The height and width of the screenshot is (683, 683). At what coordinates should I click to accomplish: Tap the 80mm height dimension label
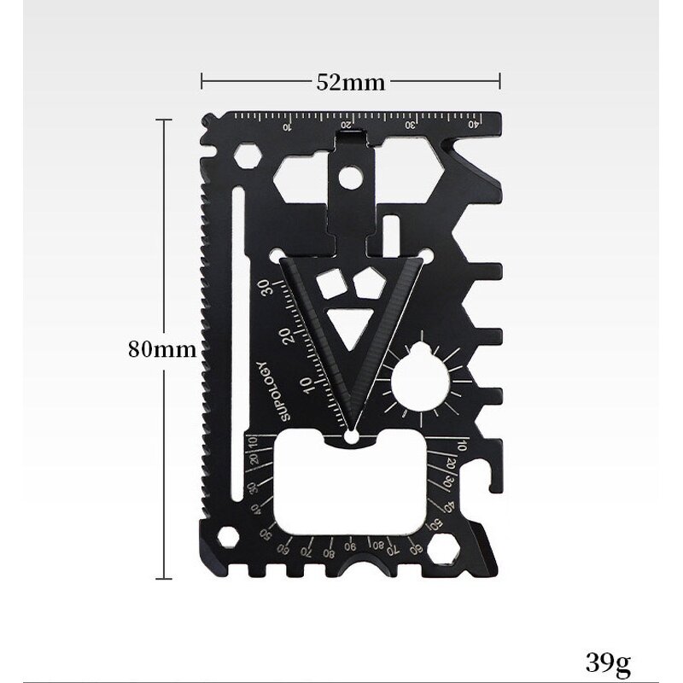point(162,348)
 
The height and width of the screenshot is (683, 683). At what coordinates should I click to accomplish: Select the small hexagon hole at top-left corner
point(247,157)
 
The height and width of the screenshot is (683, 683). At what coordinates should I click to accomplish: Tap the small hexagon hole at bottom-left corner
point(228,537)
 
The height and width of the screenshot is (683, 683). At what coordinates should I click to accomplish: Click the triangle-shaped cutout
point(350,329)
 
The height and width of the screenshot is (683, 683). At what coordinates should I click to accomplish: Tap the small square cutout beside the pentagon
point(327,283)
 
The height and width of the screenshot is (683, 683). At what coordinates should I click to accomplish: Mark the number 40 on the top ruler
point(473,125)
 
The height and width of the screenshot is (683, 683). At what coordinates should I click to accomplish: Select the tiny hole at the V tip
point(350,436)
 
